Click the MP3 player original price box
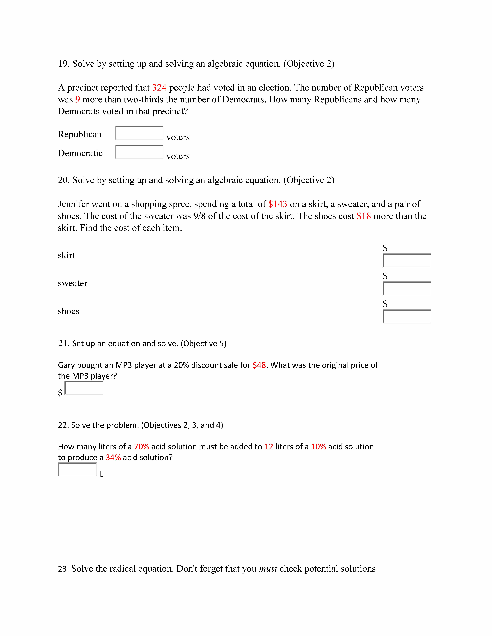pyautogui.click(x=84, y=388)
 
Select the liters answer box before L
pyautogui.click(x=77, y=470)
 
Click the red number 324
pyautogui.click(x=159, y=88)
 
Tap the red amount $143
pyautogui.click(x=277, y=204)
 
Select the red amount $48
pyautogui.click(x=259, y=365)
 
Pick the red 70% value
pyautogui.click(x=141, y=447)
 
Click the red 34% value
pyautogui.click(x=113, y=457)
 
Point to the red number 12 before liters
pyautogui.click(x=269, y=447)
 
